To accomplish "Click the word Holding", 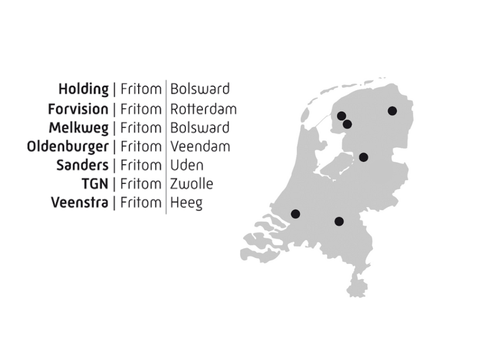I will tap(83, 89).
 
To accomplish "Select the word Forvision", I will tap(78, 109).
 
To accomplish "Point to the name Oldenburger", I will tap(68, 146).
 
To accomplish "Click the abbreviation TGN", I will tap(95, 184).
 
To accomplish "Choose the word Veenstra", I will tap(80, 202).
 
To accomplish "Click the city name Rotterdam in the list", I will tap(203, 109).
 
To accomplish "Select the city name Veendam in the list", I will tap(200, 146).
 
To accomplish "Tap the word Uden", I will tap(187, 165).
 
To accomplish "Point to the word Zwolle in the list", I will tap(191, 184).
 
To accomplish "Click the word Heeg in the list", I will tap(186, 203).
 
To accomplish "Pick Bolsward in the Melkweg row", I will tap(200, 128).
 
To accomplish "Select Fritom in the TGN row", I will tap(140, 184).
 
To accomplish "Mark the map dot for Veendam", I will tap(392, 110).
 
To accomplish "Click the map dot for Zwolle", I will tap(364, 157).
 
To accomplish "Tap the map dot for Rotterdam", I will tap(295, 214).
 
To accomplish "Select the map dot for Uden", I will tap(339, 221).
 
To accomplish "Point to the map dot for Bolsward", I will tap(341, 116).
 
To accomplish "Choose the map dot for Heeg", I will tap(347, 124).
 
